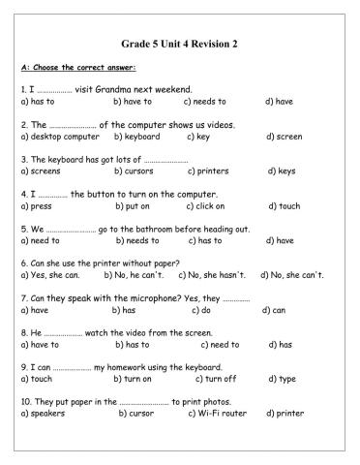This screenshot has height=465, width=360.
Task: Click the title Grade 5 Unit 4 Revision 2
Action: click(180, 44)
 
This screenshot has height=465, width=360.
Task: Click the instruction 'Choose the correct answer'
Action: click(84, 67)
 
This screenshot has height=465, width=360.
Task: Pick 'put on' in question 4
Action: click(134, 205)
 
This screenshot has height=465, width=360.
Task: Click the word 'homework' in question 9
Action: click(115, 367)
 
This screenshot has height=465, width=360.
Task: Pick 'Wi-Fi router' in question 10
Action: click(221, 414)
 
